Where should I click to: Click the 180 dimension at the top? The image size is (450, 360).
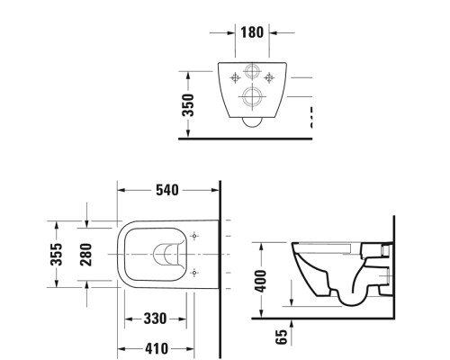pos(251,33)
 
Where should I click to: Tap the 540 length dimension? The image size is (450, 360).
pos(167,191)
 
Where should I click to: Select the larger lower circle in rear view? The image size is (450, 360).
pos(253,99)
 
